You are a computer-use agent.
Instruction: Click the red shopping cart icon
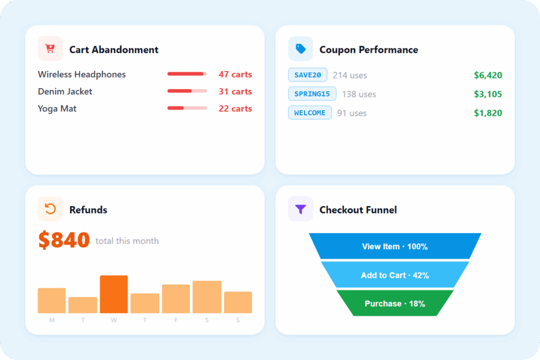coord(50,49)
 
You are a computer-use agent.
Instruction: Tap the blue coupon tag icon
coord(301,49)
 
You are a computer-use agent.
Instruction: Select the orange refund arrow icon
coord(50,209)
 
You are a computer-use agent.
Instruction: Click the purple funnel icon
coord(301,209)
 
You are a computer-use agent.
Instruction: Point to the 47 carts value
coord(235,74)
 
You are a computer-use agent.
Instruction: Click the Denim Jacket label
coord(65,92)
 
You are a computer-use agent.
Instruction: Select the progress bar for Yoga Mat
coord(187,109)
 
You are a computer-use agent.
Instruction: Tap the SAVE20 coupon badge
coord(307,75)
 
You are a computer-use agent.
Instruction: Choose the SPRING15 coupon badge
coord(312,94)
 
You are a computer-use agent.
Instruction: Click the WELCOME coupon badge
coord(310,113)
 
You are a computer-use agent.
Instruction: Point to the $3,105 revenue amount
coord(488,94)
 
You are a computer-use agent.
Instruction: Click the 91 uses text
coord(352,113)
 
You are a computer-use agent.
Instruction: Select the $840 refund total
coord(64,240)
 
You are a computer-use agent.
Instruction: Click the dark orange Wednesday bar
coord(114,294)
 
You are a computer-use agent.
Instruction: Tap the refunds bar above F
coord(176,299)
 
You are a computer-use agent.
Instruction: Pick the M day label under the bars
coord(52,320)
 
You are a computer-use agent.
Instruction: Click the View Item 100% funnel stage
coord(394,246)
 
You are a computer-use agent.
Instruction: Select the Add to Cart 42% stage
coord(394,275)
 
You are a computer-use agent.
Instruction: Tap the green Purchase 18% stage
coord(394,304)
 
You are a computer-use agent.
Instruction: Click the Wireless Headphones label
coord(82,74)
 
